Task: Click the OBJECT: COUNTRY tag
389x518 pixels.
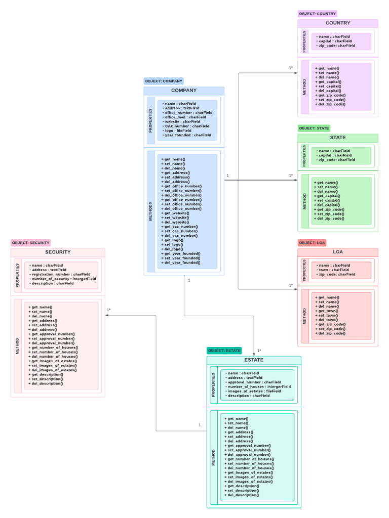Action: click(317, 14)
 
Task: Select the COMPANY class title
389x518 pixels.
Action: click(183, 91)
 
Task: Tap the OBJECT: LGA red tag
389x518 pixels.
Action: click(312, 243)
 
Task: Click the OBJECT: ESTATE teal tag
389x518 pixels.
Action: click(224, 350)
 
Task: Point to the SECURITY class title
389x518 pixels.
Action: click(58, 252)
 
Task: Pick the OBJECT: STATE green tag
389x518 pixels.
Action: click(314, 128)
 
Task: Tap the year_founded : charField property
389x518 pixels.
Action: click(187, 135)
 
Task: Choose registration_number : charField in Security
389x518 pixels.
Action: click(60, 274)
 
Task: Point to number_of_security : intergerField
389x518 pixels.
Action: click(63, 279)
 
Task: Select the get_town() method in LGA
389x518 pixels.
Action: click(327, 311)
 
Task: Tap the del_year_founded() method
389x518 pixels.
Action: click(181, 263)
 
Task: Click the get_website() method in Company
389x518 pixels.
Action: click(175, 213)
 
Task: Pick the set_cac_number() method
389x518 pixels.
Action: click(179, 231)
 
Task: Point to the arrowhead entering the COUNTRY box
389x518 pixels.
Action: click(295, 73)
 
